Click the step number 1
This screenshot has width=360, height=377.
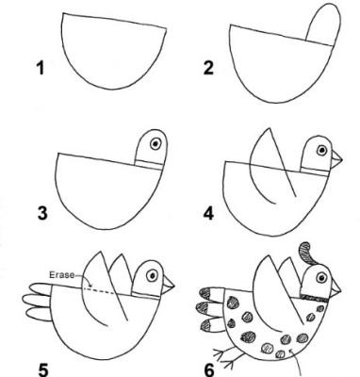click(x=41, y=68)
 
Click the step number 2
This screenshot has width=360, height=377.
click(x=208, y=68)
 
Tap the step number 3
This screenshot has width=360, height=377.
click(x=42, y=213)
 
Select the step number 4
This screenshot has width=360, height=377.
click(x=208, y=213)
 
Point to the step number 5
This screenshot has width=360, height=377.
click(x=42, y=370)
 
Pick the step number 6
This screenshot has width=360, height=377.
click(x=209, y=370)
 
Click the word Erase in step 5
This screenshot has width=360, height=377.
click(x=62, y=275)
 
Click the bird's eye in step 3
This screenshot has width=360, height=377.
click(x=155, y=144)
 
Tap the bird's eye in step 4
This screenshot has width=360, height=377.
click(x=321, y=150)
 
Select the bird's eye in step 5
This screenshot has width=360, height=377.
click(x=153, y=275)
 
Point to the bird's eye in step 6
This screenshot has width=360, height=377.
click(x=321, y=278)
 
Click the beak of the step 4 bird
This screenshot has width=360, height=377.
click(x=336, y=159)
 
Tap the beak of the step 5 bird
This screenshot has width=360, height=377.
click(x=169, y=284)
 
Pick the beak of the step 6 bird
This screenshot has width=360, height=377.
click(x=335, y=287)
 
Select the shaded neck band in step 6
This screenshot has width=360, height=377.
click(x=314, y=298)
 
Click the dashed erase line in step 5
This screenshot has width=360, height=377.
click(x=100, y=290)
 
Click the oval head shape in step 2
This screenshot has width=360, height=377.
click(x=323, y=25)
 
